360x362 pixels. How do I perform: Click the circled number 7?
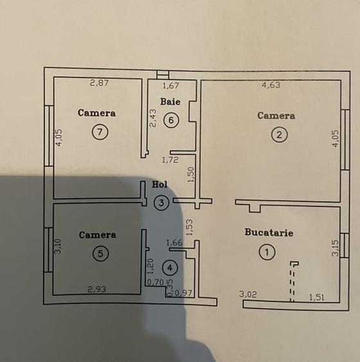(x=99, y=131)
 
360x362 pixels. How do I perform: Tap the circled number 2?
(x=278, y=134)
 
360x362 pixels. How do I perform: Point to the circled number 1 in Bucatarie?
(x=267, y=252)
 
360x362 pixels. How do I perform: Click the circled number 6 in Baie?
(x=170, y=120)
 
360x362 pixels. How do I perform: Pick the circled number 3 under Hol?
(x=162, y=203)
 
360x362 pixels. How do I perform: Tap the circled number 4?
(x=170, y=266)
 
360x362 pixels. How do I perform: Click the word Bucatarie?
(x=269, y=232)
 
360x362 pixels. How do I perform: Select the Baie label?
(x=170, y=102)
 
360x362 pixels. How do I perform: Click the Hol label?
(x=159, y=184)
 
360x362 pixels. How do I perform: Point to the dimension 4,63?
(x=270, y=84)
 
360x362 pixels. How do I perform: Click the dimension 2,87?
(x=100, y=82)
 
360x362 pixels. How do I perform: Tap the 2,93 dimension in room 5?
(x=98, y=289)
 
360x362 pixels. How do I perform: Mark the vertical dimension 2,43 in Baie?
(x=153, y=118)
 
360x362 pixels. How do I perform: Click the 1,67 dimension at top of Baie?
(x=170, y=85)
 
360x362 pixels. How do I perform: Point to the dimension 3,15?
(x=334, y=248)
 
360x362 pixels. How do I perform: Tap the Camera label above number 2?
(x=276, y=116)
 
